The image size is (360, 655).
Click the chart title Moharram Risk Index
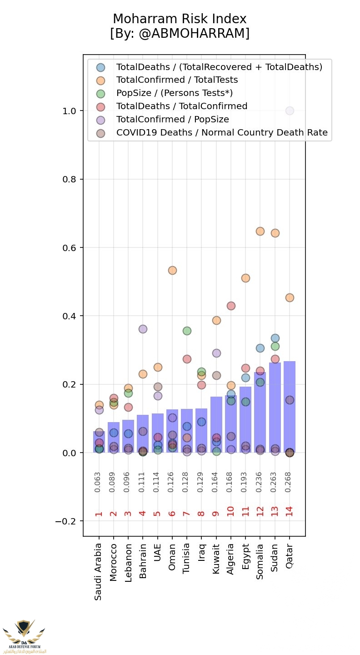[x=180, y=19]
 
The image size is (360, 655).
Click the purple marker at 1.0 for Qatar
[x=290, y=111]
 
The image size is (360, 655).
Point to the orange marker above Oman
[x=172, y=270]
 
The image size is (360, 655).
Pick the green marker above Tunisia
[x=187, y=331]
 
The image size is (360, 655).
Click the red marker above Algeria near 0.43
[x=231, y=306]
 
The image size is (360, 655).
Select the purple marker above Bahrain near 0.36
[x=143, y=329]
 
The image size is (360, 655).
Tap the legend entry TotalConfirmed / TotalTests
[x=177, y=80]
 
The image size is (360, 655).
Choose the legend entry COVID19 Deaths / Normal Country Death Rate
[x=222, y=133]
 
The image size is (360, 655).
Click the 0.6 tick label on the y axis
[x=69, y=248]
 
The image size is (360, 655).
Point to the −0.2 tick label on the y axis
[x=66, y=521]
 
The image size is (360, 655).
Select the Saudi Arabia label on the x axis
[x=99, y=571]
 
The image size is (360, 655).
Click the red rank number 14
[x=290, y=511]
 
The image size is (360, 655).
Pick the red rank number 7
[x=186, y=514]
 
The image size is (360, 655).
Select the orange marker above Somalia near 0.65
[x=260, y=231]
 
